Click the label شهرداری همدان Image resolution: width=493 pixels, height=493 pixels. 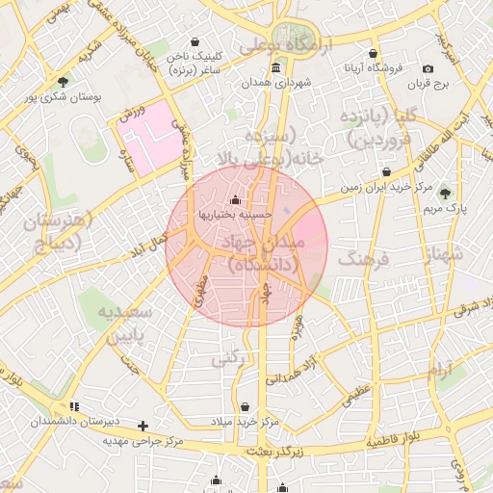pos(307,84)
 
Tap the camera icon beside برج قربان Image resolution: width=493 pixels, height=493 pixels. pos(428,67)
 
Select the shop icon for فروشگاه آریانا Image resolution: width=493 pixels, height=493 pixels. pos(374,54)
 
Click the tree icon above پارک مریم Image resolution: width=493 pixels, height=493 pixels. pos(444,193)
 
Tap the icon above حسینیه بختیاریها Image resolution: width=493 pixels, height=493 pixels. pos(237,201)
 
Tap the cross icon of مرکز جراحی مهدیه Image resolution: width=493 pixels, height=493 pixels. pos(143,425)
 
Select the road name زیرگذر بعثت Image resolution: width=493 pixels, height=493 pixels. pos(274,451)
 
